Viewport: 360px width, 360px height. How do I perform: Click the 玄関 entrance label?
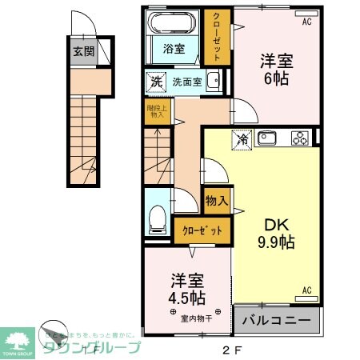click(x=82, y=51)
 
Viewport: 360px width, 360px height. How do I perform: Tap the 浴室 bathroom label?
click(x=174, y=49)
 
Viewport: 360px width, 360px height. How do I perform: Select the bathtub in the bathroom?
click(x=173, y=22)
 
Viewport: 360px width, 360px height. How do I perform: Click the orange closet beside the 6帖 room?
click(x=215, y=37)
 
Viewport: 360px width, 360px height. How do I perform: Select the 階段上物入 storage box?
click(x=156, y=111)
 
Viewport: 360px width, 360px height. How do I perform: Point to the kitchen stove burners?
click(x=299, y=138)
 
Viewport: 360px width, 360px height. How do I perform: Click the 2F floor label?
click(x=230, y=349)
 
